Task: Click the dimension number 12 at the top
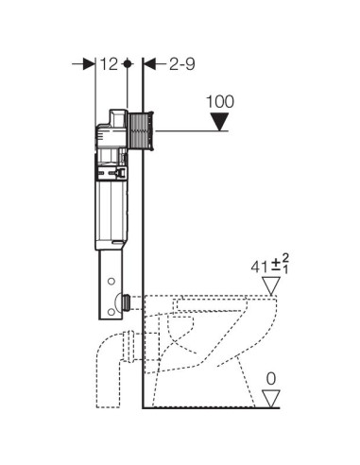click(x=109, y=64)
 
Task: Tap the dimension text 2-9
click(x=182, y=64)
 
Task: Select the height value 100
click(x=220, y=101)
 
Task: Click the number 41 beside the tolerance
click(x=260, y=267)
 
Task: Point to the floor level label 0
click(x=271, y=379)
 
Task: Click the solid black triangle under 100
click(x=219, y=122)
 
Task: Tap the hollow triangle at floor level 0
click(x=271, y=399)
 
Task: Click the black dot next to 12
click(x=128, y=64)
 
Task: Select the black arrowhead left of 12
click(x=89, y=64)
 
